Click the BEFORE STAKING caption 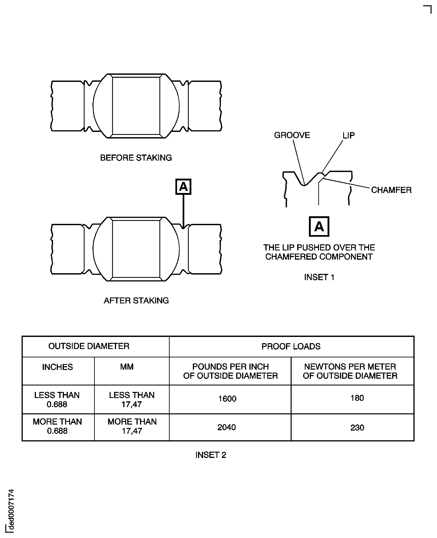(x=136, y=158)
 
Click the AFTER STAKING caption (x=136, y=300)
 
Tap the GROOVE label (x=292, y=135)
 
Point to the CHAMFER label (x=391, y=190)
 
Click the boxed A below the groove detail (x=319, y=226)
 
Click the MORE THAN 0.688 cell (x=57, y=426)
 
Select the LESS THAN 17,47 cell (x=132, y=400)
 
